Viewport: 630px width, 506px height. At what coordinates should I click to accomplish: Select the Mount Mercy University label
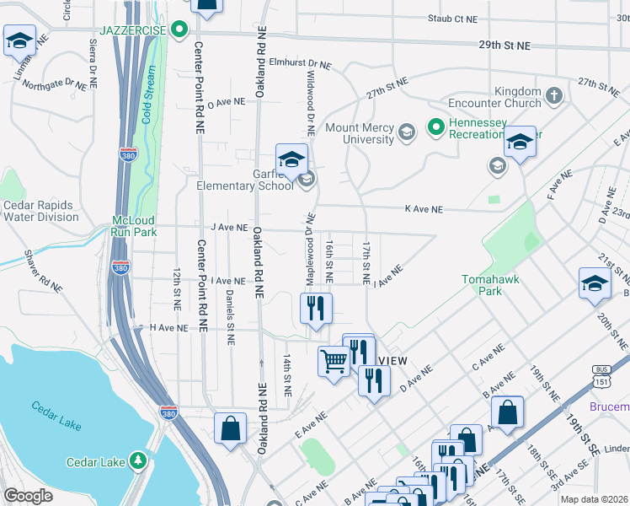(x=360, y=133)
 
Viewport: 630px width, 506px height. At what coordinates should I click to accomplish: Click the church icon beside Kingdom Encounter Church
(x=553, y=97)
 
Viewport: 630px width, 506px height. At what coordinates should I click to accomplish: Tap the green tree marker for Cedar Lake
(x=137, y=461)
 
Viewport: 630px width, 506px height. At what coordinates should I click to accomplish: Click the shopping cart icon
(x=334, y=362)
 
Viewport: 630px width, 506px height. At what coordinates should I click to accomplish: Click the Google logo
(x=28, y=496)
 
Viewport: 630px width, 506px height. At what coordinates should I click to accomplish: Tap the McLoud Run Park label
(x=135, y=225)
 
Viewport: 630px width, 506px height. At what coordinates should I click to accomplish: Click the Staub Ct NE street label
(x=452, y=18)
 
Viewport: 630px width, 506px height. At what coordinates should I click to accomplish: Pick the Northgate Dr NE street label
(x=55, y=84)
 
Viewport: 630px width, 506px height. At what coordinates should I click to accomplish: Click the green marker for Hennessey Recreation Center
(x=436, y=128)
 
